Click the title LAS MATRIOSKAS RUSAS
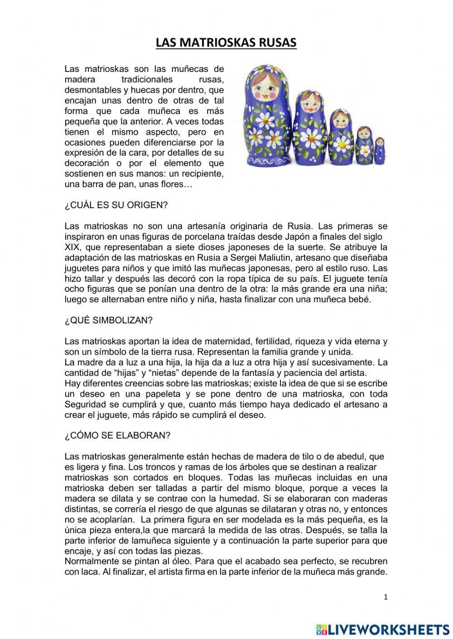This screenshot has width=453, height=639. pyautogui.click(x=226, y=43)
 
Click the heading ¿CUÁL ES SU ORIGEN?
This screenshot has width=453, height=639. pyautogui.click(x=116, y=205)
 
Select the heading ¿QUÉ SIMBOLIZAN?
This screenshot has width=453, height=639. pyautogui.click(x=109, y=320)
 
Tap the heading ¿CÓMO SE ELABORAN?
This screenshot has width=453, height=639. pyautogui.click(x=117, y=435)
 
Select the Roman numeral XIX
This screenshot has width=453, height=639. pyautogui.click(x=73, y=247)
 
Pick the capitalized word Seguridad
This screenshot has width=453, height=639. pyautogui.click(x=87, y=404)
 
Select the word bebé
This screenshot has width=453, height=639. pyautogui.click(x=361, y=300)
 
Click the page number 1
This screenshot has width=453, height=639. pyautogui.click(x=386, y=597)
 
